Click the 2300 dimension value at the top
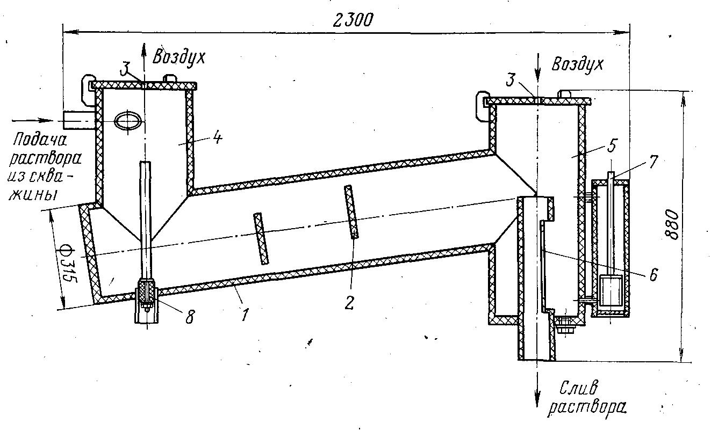tap(353, 20)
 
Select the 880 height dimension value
tap(672, 224)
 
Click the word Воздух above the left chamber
tap(179, 57)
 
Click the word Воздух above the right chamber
tap(577, 65)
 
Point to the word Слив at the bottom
tap(579, 388)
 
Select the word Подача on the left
tap(40, 140)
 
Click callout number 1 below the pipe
tap(245, 315)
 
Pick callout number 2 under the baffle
tap(349, 303)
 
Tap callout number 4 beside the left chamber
tap(218, 138)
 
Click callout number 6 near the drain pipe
tap(653, 274)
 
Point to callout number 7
tap(652, 162)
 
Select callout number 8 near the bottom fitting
tap(190, 317)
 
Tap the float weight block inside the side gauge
tap(612, 291)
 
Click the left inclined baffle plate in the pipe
tap(261, 238)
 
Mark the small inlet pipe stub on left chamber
tap(80, 120)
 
